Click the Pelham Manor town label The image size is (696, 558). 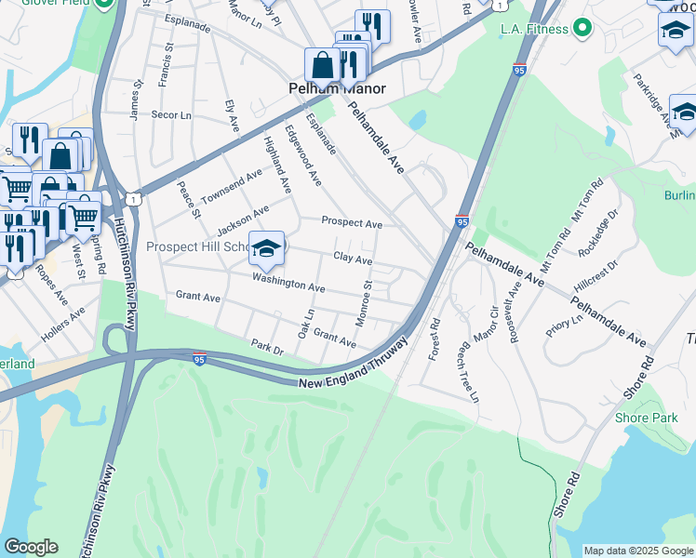tap(335, 89)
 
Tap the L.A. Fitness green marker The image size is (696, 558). tap(583, 29)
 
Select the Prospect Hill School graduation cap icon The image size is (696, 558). tap(266, 247)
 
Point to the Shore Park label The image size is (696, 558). tap(646, 418)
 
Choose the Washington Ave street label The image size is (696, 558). tap(288, 283)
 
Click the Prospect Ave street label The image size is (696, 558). tap(352, 223)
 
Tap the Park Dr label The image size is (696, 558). tap(266, 347)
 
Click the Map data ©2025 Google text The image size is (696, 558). tap(637, 551)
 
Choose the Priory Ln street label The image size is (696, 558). tap(565, 325)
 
